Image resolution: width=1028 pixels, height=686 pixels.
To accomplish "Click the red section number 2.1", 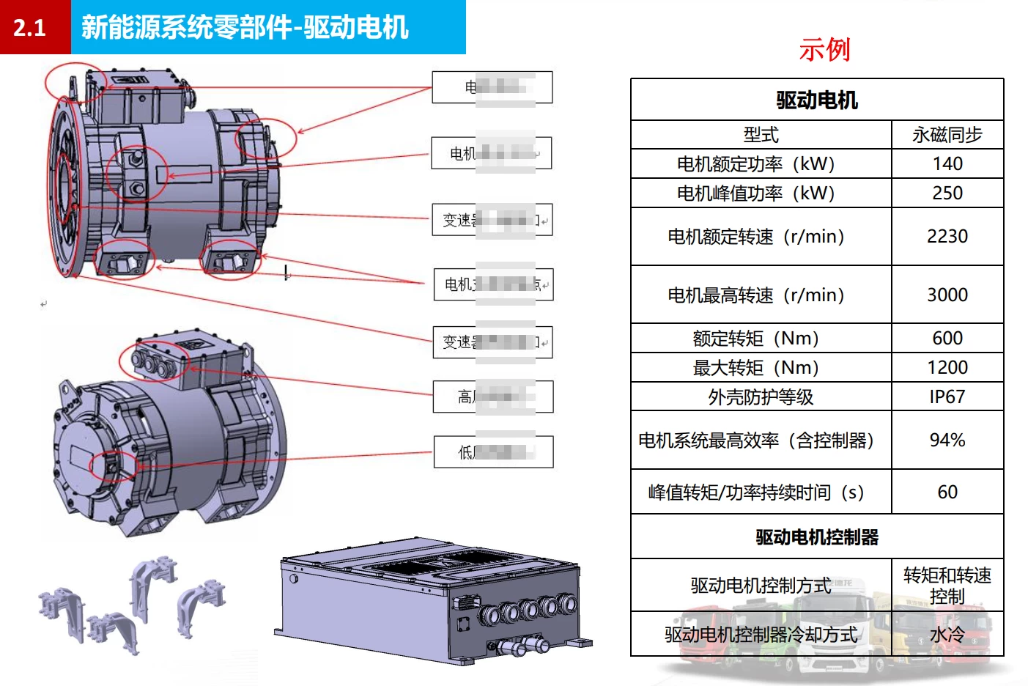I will coord(29,28).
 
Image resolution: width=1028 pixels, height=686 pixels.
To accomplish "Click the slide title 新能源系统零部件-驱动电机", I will coord(244,28).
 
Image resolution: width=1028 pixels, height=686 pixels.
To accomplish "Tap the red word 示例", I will coord(824,50).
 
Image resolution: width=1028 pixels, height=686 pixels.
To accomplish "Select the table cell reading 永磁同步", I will coord(947,135).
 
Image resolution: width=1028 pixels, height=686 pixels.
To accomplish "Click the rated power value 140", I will coord(947,164).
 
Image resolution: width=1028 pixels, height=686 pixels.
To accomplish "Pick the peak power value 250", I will coord(947,193).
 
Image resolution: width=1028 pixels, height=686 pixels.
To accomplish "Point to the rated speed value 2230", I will coord(947,237).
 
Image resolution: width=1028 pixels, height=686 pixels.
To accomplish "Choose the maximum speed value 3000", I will coord(947,295).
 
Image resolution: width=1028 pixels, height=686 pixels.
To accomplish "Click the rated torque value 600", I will coord(947,338).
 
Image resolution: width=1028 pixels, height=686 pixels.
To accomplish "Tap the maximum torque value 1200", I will coord(947,367).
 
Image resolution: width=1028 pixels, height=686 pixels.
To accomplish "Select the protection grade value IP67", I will coord(947,397).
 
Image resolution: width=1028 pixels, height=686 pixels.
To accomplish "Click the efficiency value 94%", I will coord(947,440).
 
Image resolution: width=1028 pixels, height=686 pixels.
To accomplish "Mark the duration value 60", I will coord(947,492).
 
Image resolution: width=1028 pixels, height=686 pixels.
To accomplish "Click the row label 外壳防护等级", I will coord(761,397).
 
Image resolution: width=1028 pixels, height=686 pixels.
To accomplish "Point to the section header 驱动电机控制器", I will coord(817,537).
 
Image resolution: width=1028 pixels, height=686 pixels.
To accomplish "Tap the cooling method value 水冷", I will coord(947,634).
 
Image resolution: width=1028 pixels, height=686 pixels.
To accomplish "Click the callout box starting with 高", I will coord(493,397).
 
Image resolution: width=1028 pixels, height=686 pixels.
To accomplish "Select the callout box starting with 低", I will coord(493,452).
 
